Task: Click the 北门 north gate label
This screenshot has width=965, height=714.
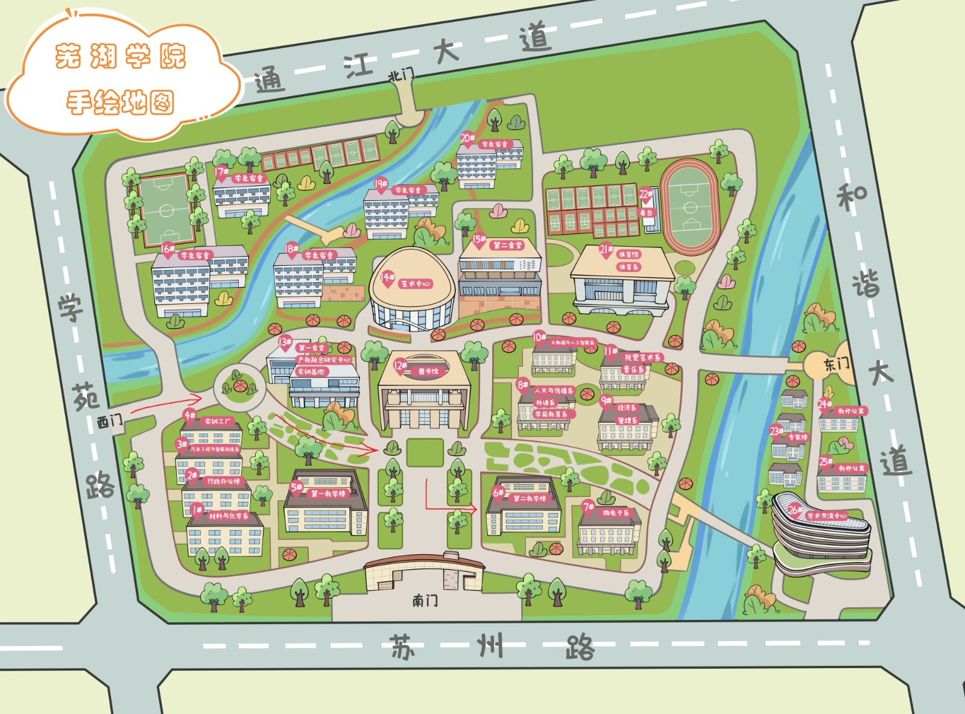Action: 401,75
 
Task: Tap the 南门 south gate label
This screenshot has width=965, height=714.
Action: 425,600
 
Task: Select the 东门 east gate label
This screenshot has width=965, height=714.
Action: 837,364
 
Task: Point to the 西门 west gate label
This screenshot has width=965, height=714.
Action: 110,421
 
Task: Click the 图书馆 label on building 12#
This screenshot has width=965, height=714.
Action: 428,371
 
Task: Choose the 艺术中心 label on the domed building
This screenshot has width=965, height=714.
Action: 416,283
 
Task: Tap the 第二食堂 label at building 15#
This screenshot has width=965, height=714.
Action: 508,245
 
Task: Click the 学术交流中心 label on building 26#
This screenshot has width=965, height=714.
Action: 827,516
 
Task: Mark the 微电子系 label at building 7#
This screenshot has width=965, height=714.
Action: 615,513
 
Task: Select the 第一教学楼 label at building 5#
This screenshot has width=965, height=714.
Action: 328,493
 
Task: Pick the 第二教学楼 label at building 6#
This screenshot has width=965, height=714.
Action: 530,499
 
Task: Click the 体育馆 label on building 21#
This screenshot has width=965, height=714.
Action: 628,254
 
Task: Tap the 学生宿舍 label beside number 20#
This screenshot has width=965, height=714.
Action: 495,144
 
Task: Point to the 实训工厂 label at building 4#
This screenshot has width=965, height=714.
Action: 218,421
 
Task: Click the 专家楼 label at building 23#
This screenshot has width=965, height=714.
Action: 797,437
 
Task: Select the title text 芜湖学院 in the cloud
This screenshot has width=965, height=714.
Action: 121,57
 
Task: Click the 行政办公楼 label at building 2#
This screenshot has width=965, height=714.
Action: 223,481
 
